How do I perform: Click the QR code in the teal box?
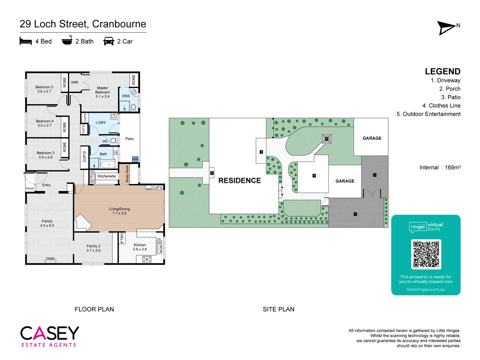tap(426, 254)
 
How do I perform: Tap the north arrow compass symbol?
tap(447, 28)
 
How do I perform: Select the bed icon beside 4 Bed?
tap(26, 41)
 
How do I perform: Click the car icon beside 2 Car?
tap(109, 41)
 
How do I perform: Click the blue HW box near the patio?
tap(135, 159)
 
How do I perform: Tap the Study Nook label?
tap(127, 174)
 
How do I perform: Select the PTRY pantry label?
tap(122, 238)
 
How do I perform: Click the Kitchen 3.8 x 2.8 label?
tap(140, 247)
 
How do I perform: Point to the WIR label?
tap(75, 82)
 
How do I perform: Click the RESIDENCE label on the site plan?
tap(239, 181)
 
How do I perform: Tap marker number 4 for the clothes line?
tap(327, 139)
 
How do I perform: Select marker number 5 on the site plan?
tap(314, 176)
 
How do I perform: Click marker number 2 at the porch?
tap(212, 173)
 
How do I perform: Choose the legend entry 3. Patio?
tap(451, 97)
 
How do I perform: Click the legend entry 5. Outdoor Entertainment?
tap(428, 114)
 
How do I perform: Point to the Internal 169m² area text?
tap(440, 167)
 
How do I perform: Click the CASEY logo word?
tap(50, 333)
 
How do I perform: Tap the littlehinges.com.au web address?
tap(426, 289)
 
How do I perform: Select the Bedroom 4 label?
tap(44, 123)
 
